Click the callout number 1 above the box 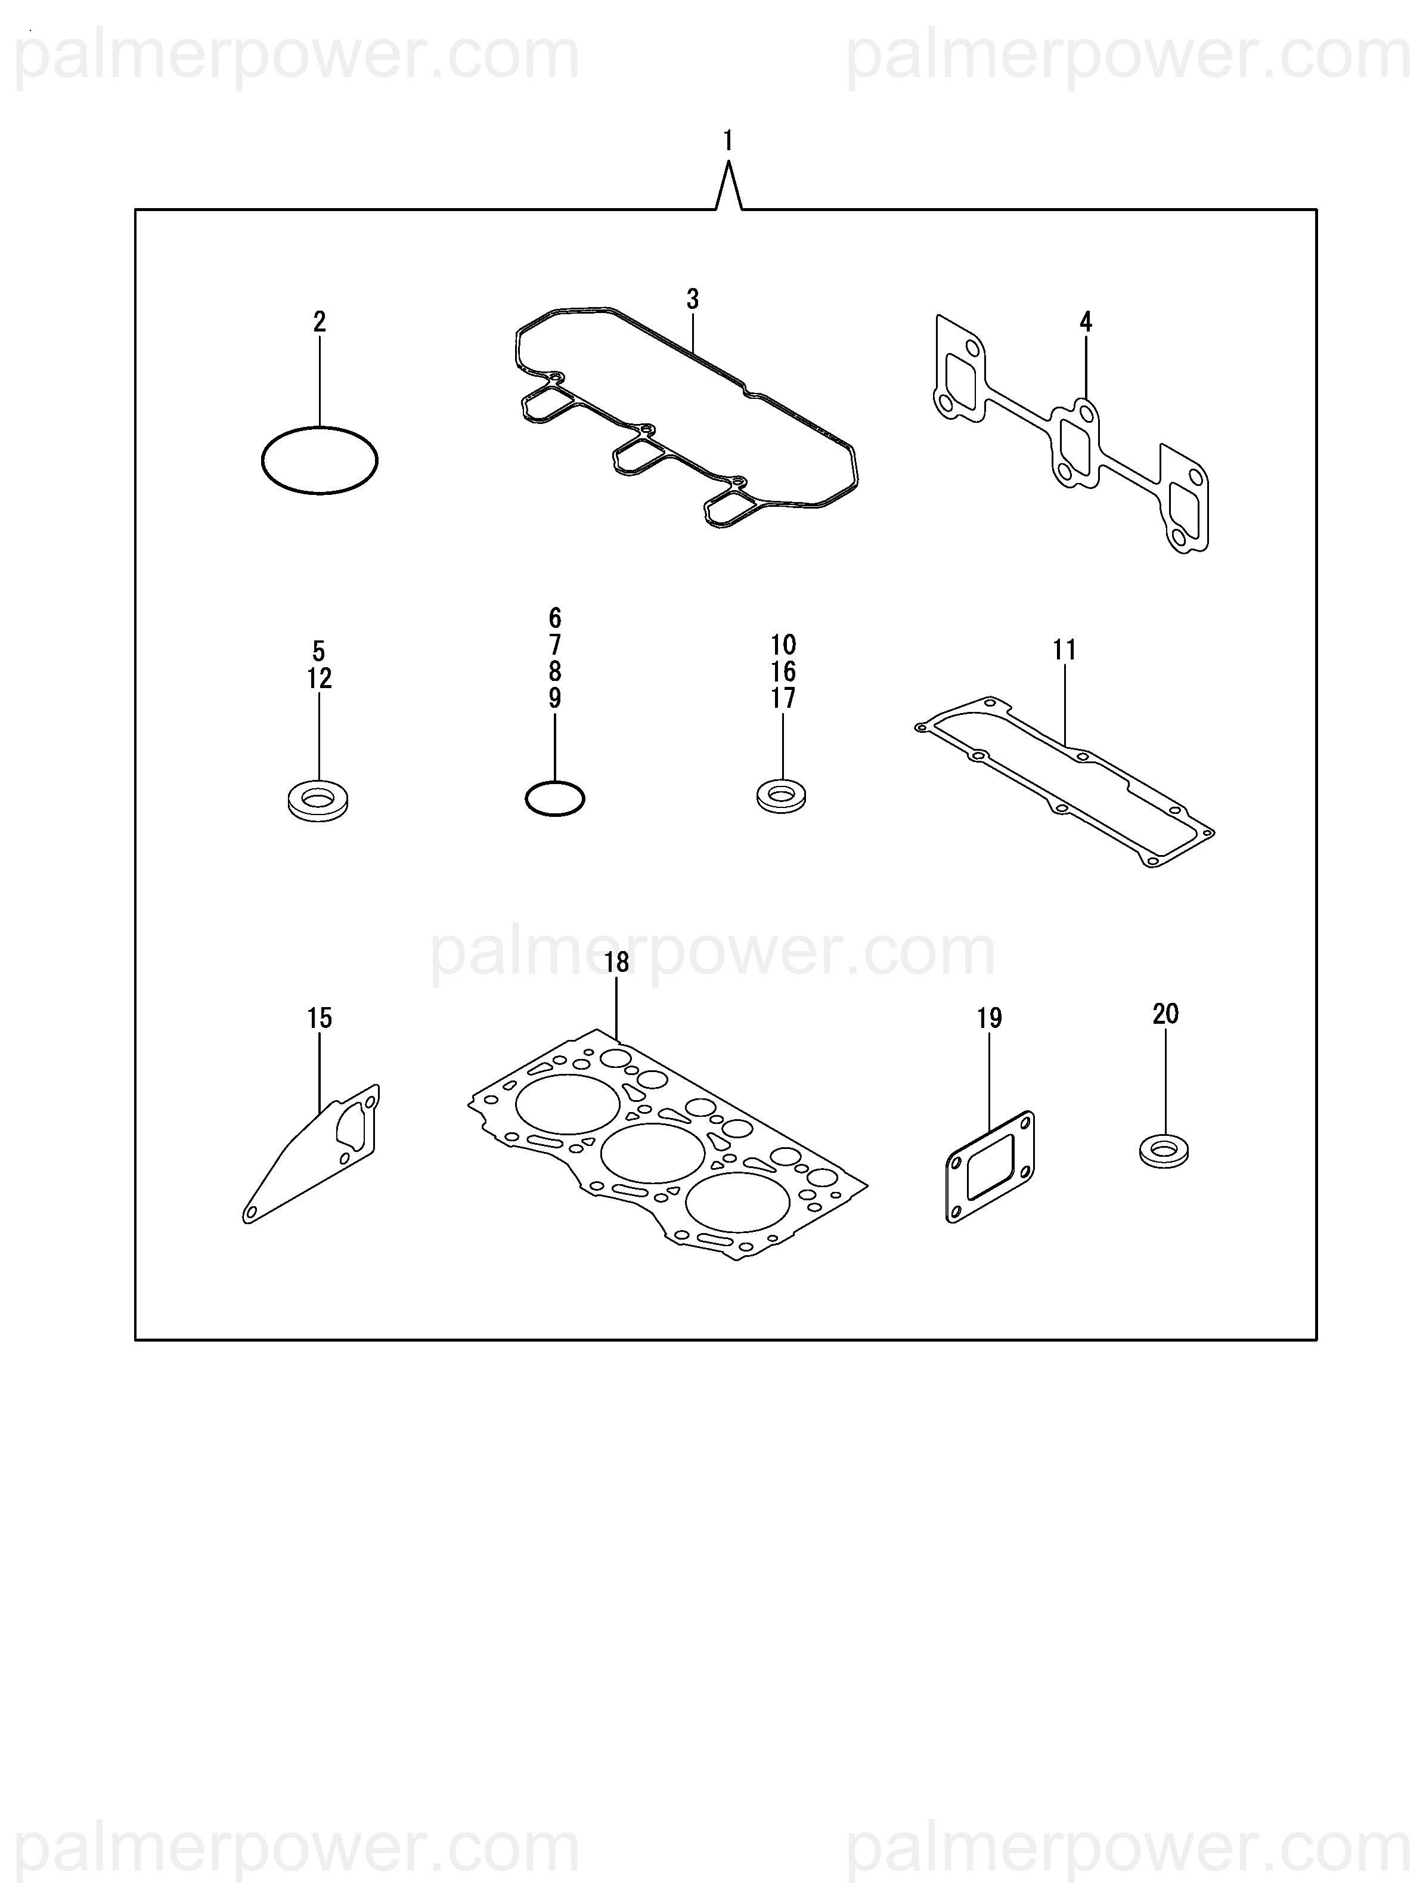(x=727, y=141)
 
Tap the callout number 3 (x=692, y=300)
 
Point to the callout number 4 (x=1086, y=322)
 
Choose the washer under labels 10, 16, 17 (x=782, y=797)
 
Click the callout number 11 (x=1064, y=651)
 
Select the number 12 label (x=320, y=679)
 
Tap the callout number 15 (x=320, y=1018)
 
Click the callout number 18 (x=616, y=962)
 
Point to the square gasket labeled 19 (x=990, y=1166)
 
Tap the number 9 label (x=554, y=698)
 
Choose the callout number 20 (x=1165, y=1014)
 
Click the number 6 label (x=554, y=617)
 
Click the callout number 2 (x=320, y=322)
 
